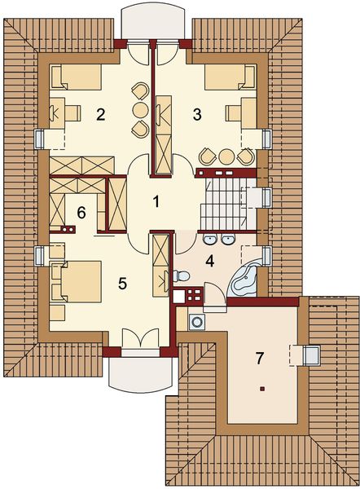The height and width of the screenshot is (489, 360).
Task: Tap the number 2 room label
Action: pos(101,114)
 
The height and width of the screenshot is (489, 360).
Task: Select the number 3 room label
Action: pos(196,114)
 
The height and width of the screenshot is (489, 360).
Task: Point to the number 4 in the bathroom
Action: pos(209,262)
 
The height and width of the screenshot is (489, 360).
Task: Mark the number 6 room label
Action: pos(81,214)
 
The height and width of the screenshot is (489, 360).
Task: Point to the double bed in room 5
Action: pos(76,281)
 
